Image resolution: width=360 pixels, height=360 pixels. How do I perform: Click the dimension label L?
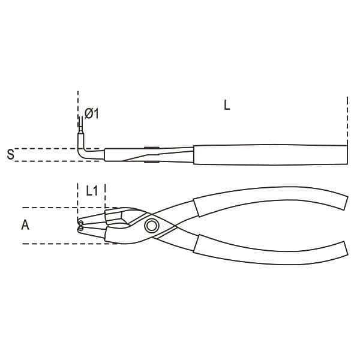pos(227,106)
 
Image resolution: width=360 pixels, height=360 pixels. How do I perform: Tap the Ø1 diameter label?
pos(92,113)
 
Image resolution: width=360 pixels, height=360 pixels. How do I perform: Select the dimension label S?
pos(10,154)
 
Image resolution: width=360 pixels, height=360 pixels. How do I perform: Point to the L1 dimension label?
pos(92,191)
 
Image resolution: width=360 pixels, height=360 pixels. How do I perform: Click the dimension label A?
pos(25,225)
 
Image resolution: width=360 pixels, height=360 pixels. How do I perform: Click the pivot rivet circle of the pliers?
pos(152,226)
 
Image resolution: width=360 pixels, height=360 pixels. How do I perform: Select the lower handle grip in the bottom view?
pos(271,251)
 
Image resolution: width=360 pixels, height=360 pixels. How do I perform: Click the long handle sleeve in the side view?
pos(270,155)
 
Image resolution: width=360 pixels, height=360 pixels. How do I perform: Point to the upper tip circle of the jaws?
pos(80,223)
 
